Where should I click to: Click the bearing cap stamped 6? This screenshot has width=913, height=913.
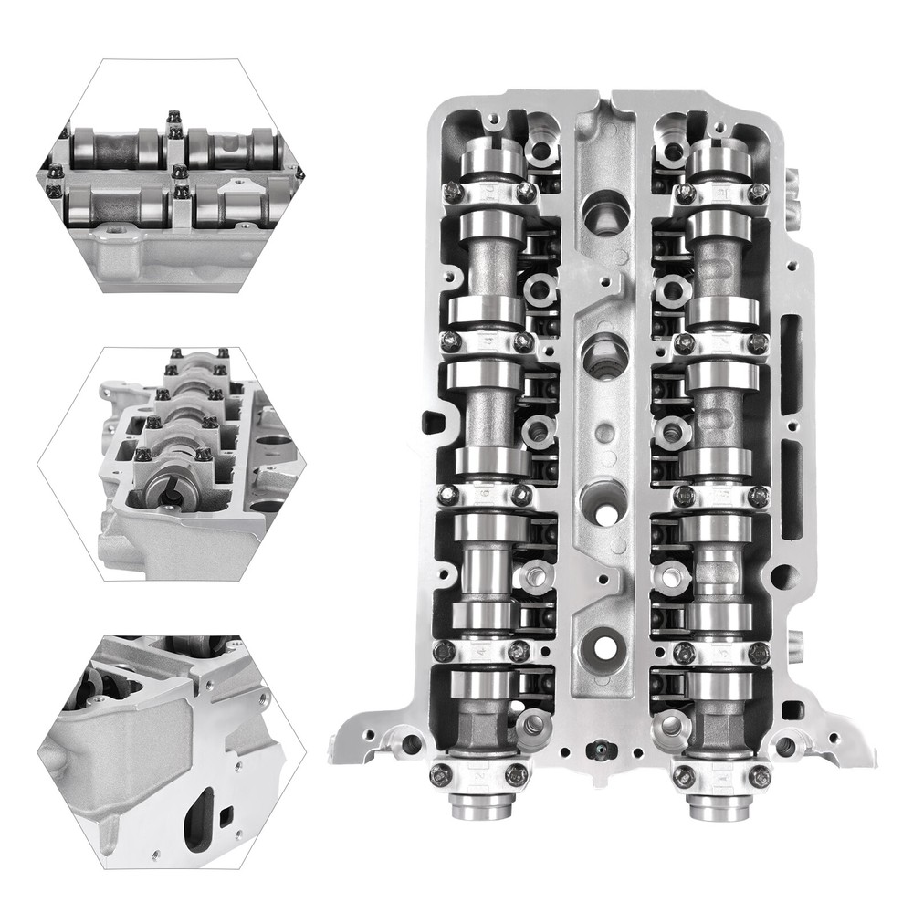[484, 494]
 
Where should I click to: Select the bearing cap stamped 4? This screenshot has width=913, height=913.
[481, 650]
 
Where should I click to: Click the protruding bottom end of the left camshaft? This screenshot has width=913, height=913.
[480, 808]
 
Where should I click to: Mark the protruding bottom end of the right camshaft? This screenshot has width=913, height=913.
[721, 808]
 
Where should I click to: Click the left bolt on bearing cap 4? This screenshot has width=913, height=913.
[444, 650]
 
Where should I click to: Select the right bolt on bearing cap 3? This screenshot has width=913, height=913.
[758, 652]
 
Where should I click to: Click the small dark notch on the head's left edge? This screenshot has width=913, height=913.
[433, 422]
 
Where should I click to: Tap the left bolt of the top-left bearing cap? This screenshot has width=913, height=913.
[451, 191]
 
